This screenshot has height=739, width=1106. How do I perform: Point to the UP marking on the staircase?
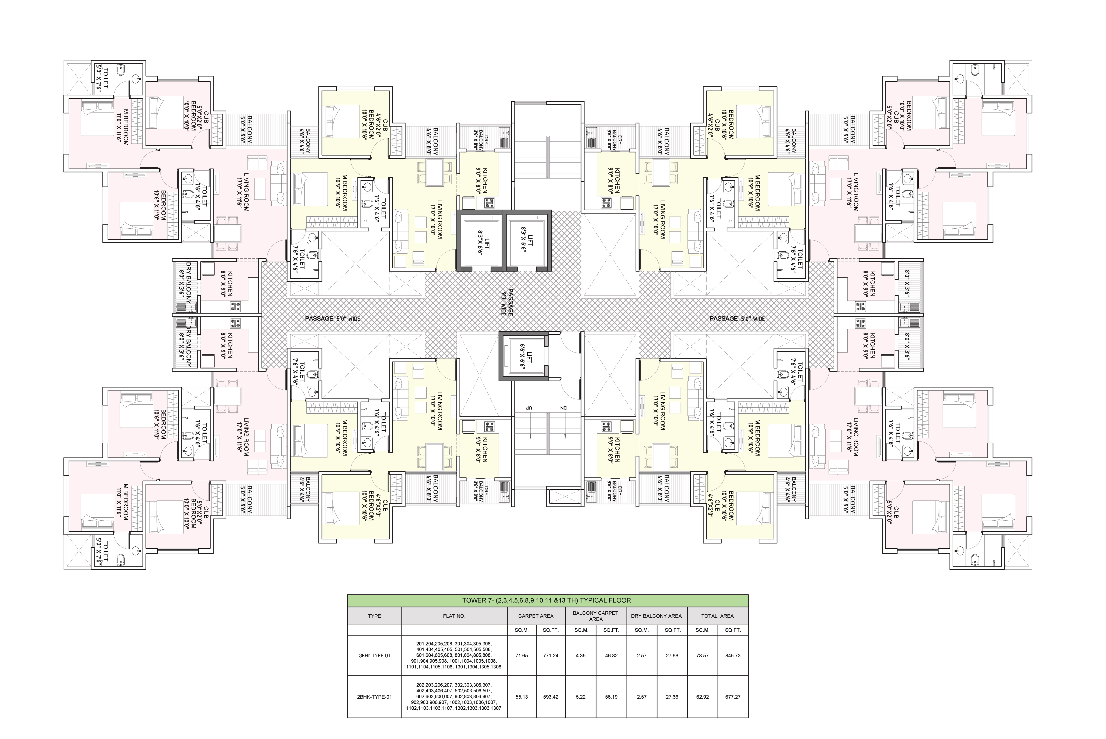[x=529, y=407]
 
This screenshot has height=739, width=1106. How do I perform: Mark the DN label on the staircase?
[x=563, y=407]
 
